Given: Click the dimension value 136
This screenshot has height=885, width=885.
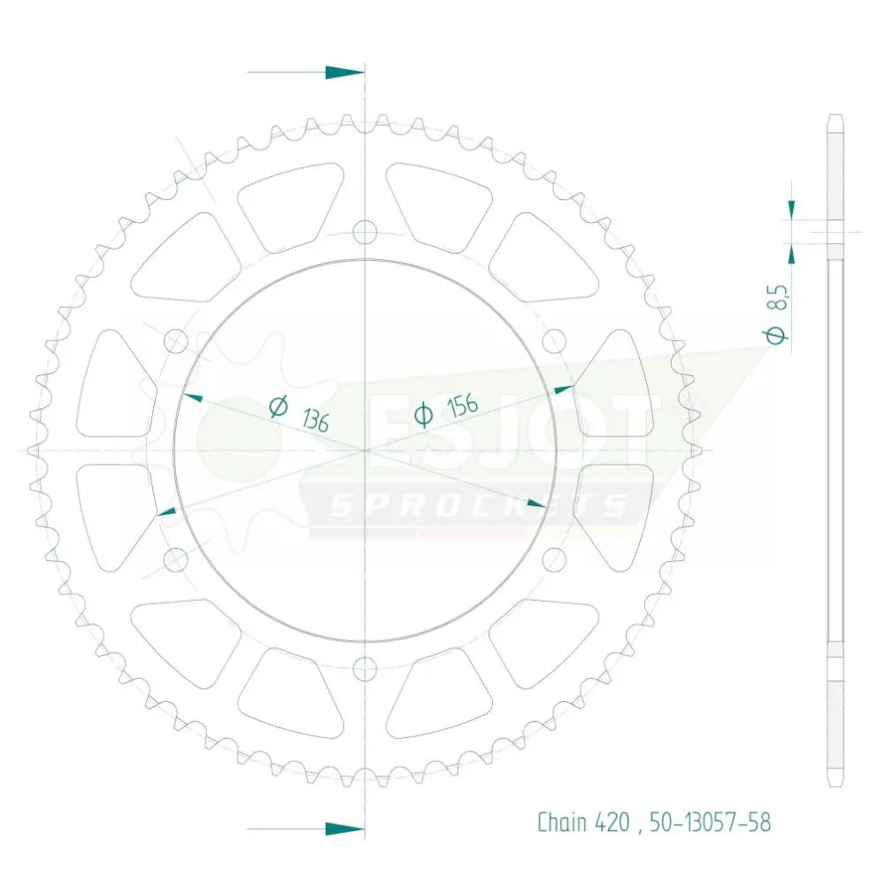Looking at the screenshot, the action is tap(316, 420).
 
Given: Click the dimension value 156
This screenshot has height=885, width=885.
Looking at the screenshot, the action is tap(462, 406).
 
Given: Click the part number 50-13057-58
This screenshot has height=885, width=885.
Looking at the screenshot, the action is tap(710, 822).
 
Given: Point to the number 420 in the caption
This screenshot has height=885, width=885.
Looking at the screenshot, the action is tap(612, 822).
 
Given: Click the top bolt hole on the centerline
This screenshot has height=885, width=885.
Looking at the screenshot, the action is tap(365, 232).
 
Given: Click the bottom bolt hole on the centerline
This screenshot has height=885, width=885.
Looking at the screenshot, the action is tap(365, 669).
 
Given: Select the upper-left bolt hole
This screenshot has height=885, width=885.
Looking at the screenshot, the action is tap(175, 341).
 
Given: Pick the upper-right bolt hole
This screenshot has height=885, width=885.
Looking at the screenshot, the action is tap(554, 341).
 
